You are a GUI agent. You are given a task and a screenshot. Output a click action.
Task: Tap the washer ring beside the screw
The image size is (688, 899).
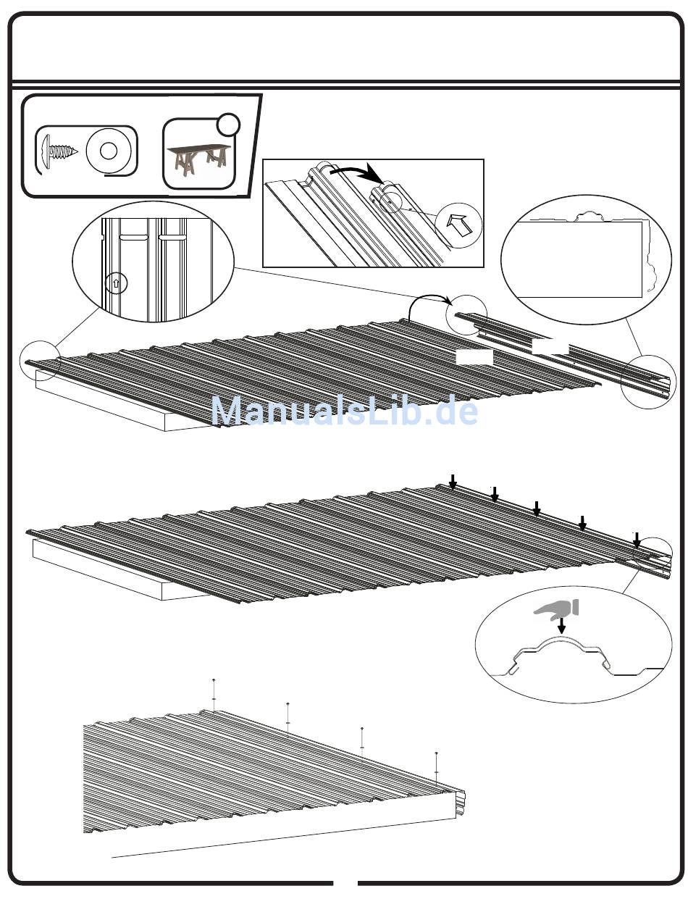109,151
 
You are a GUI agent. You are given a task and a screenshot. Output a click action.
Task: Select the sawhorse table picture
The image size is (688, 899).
200,161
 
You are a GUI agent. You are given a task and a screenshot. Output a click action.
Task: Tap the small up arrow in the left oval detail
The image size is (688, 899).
116,283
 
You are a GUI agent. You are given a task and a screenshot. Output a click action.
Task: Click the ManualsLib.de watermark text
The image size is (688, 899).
344,411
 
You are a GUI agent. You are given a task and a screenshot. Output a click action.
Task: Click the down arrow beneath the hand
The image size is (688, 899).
561,625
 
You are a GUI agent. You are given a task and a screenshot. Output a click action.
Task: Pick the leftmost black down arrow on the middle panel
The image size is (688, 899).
453,481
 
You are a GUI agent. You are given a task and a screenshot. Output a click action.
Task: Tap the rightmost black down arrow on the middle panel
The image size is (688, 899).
636,540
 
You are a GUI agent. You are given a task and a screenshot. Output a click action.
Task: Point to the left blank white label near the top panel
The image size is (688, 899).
474,357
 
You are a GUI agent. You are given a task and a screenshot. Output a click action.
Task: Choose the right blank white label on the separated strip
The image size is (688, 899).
550,346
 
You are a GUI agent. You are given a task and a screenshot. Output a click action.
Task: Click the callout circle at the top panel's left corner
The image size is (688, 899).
40,360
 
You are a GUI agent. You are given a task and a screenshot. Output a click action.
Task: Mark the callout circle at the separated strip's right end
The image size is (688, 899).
649,381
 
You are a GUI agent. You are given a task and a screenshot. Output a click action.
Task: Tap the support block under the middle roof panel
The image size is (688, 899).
109,572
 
